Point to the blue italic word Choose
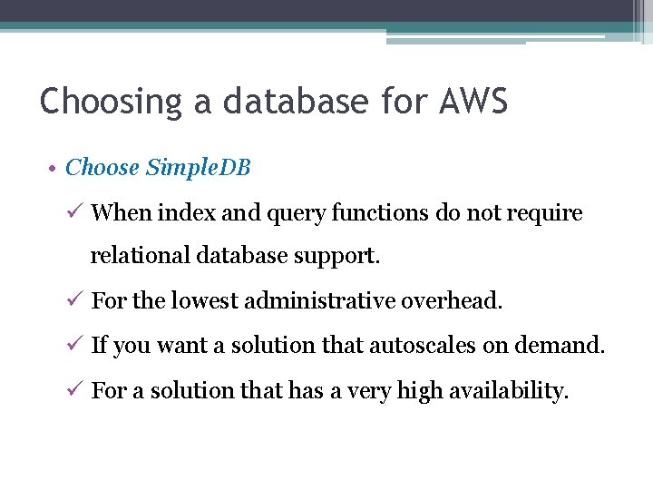(x=102, y=168)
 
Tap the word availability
(x=514, y=391)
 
